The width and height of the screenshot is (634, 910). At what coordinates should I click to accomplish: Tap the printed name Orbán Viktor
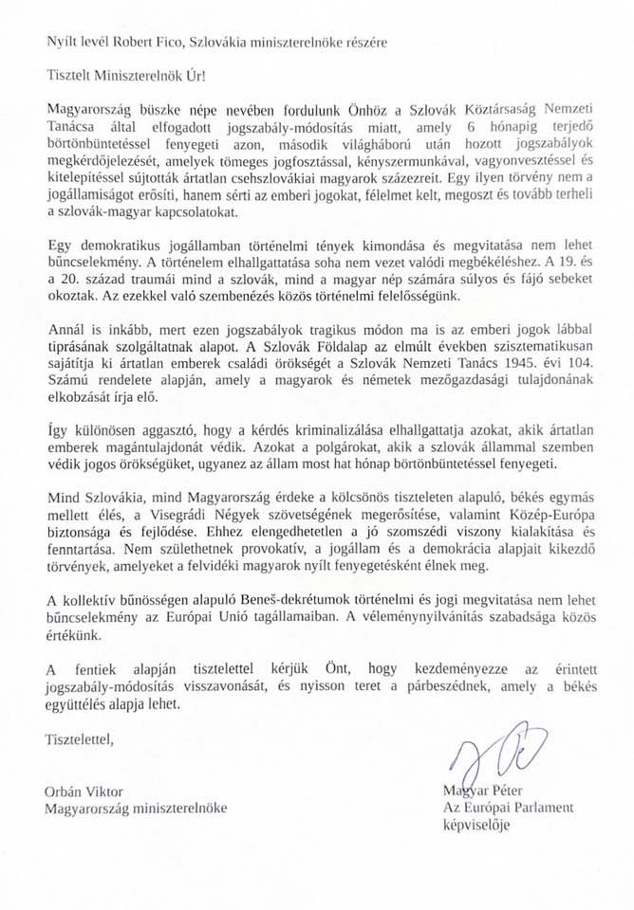coord(84,791)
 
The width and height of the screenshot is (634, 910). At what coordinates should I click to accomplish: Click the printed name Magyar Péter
coord(483,791)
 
